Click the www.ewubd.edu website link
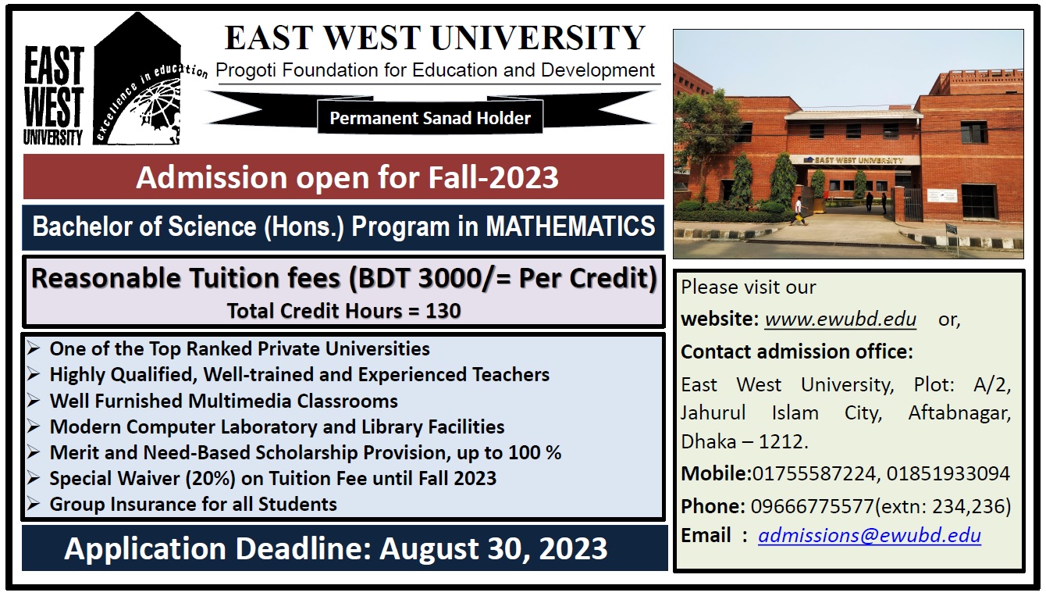point(840,319)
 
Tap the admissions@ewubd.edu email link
point(870,536)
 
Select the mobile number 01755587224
point(813,473)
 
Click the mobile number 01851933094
point(948,473)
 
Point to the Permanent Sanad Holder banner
point(430,118)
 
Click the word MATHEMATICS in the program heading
point(571,227)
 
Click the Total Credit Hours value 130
point(443,311)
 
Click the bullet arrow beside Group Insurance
point(33,504)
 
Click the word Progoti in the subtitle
point(246,71)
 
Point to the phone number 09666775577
point(812,506)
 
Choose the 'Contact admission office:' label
point(797,352)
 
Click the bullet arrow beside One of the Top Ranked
point(33,348)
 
